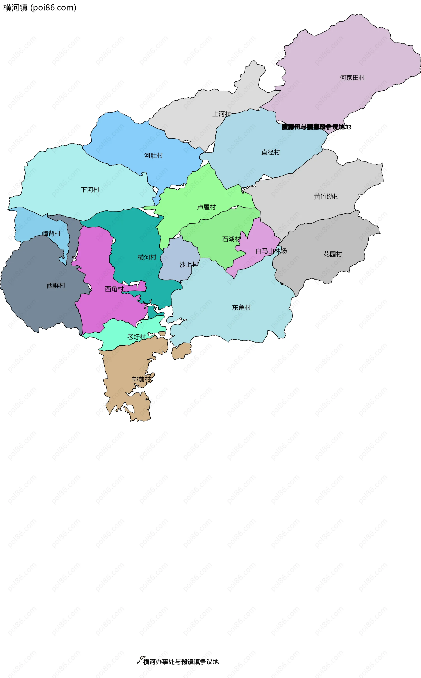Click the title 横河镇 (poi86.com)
(x=39, y=8)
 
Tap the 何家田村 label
(x=352, y=78)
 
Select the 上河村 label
(x=222, y=114)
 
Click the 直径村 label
(x=270, y=152)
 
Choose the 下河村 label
(x=90, y=190)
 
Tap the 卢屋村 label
(x=206, y=207)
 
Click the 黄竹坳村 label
(x=326, y=197)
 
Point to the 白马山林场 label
(x=271, y=251)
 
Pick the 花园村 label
(x=332, y=254)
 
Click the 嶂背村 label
(x=51, y=234)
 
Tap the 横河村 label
(x=147, y=258)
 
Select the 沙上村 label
(x=189, y=265)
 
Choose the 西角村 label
(x=114, y=289)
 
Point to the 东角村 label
(x=241, y=308)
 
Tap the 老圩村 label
(x=136, y=337)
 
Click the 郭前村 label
(x=141, y=380)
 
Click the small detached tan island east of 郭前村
(x=181, y=351)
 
